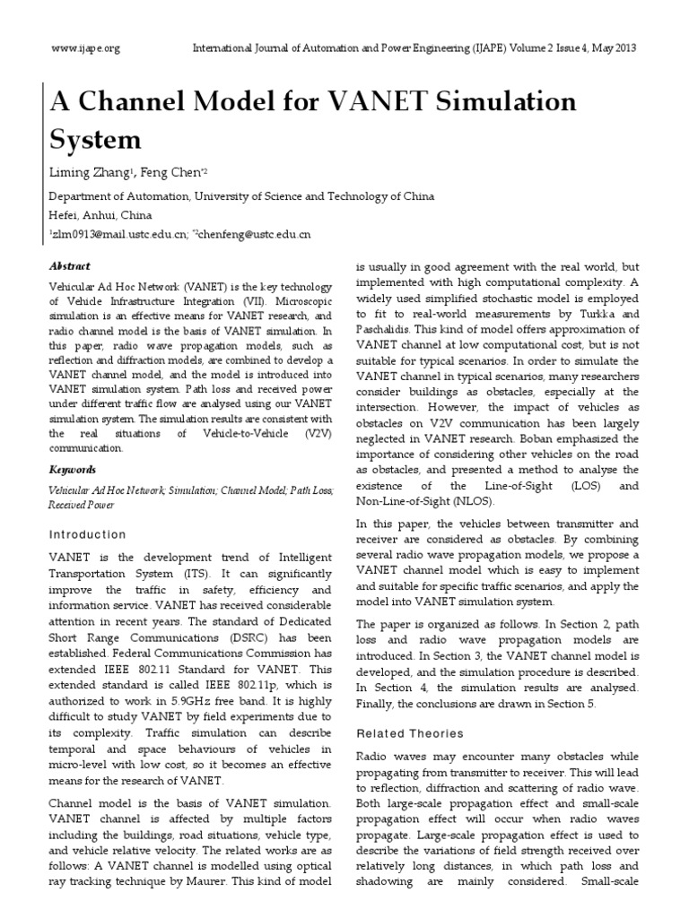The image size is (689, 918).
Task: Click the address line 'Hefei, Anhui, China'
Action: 100,215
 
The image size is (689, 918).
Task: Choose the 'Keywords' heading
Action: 71,470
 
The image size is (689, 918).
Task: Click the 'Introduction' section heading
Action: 87,534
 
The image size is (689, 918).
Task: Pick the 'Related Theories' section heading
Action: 410,732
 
